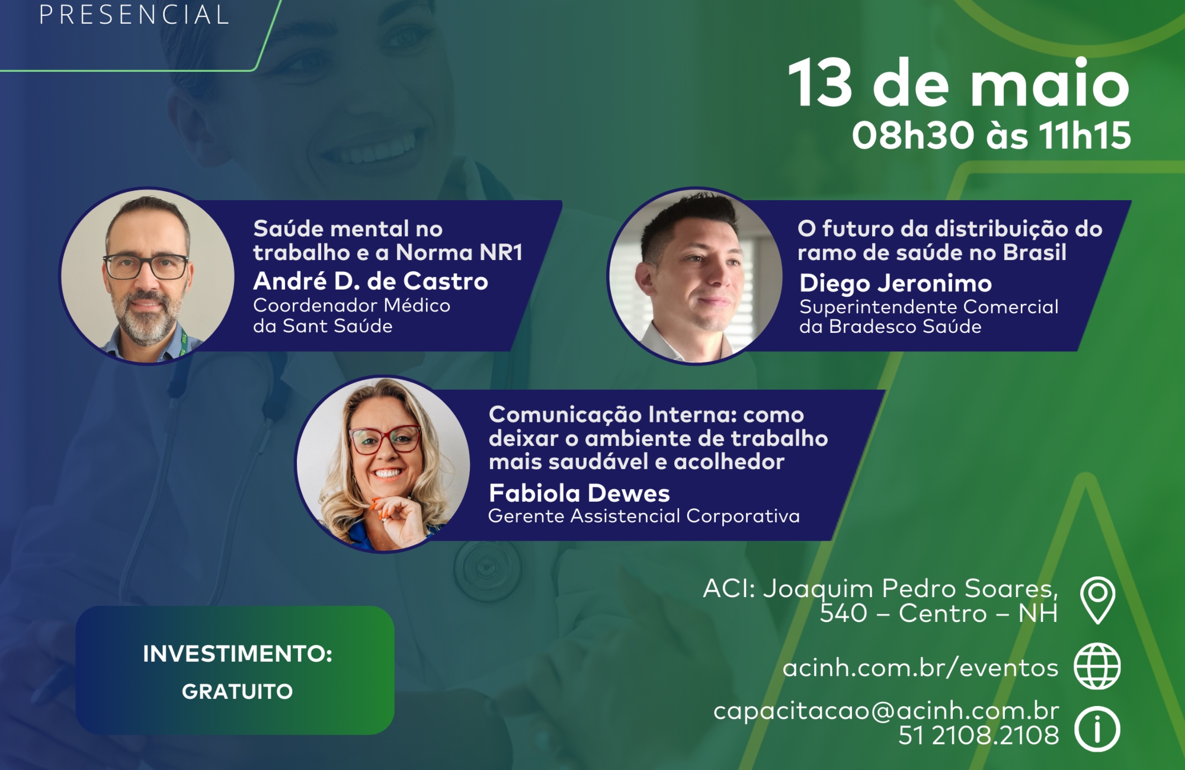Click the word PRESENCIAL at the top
[x=134, y=14]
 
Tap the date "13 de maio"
[x=959, y=84]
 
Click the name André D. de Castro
[x=370, y=281]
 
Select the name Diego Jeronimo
[x=895, y=284]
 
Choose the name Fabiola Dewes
[x=579, y=493]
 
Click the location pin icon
[x=1097, y=600]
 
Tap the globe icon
[x=1097, y=666]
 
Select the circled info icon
[x=1097, y=729]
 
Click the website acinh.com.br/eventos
[x=920, y=668]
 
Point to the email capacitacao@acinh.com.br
[x=886, y=711]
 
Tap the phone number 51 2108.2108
[x=978, y=736]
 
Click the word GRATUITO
[x=237, y=692]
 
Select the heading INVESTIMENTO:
[x=237, y=654]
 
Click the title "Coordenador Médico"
[x=351, y=306]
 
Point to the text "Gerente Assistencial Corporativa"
[x=644, y=516]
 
